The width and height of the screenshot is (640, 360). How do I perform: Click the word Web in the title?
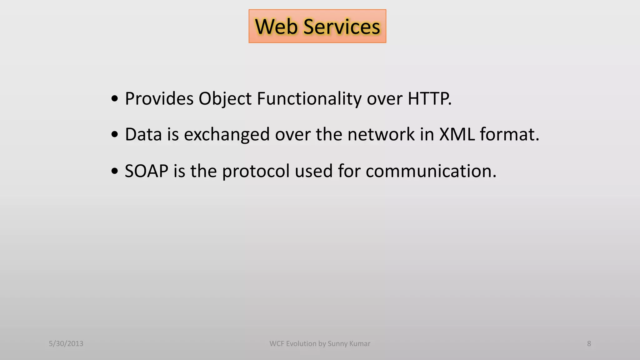pyautogui.click(x=276, y=27)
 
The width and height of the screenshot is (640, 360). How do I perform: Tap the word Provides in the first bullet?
pyautogui.click(x=159, y=99)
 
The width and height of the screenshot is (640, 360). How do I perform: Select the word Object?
pyautogui.click(x=225, y=99)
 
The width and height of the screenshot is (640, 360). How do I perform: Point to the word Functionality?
pyautogui.click(x=309, y=99)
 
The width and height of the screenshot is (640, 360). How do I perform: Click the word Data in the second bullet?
pyautogui.click(x=143, y=134)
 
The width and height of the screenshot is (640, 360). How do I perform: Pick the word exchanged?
pyautogui.click(x=227, y=135)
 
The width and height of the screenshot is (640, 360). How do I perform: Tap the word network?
pyautogui.click(x=381, y=134)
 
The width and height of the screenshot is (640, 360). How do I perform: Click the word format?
pyautogui.click(x=509, y=134)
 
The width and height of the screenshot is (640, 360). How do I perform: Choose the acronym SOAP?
pyautogui.click(x=146, y=171)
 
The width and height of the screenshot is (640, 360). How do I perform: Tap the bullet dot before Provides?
pyautogui.click(x=115, y=99)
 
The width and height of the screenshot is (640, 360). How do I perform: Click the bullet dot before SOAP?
pyautogui.click(x=115, y=171)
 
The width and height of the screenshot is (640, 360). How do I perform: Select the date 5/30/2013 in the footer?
pyautogui.click(x=66, y=344)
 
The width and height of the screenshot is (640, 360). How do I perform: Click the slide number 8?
pyautogui.click(x=589, y=344)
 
